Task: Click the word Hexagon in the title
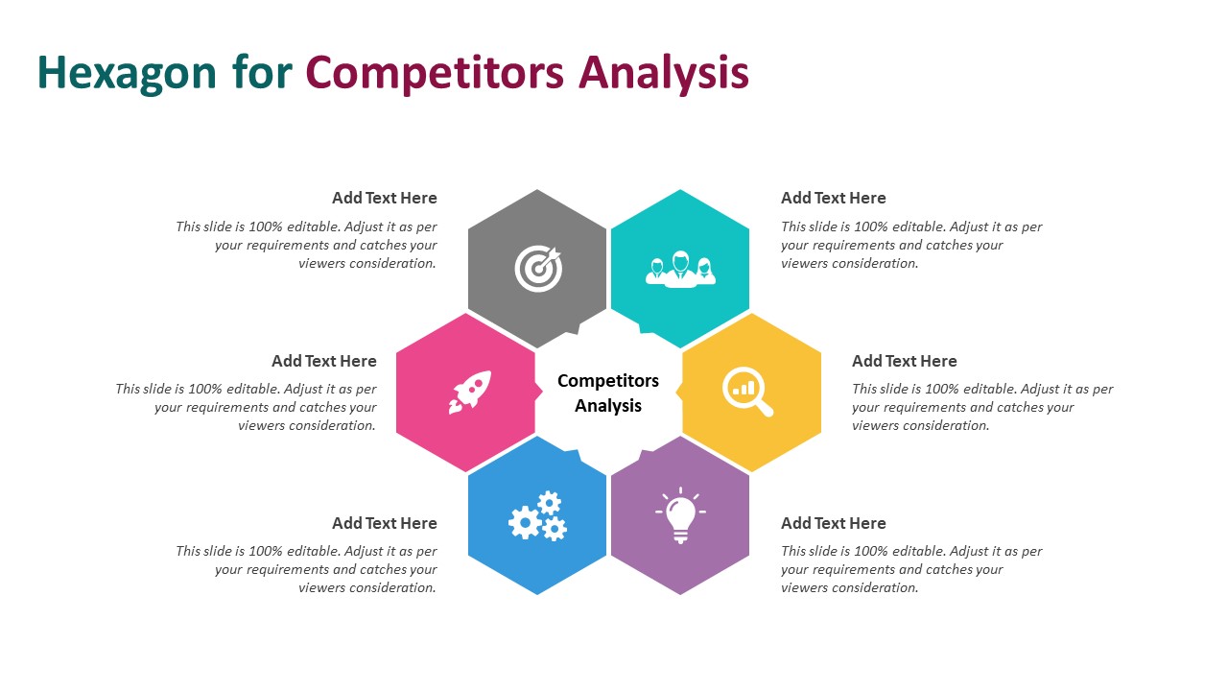click(127, 74)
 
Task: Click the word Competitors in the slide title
click(435, 74)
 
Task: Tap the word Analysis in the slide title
click(664, 74)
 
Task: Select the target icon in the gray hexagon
click(539, 268)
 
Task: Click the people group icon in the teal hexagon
click(680, 269)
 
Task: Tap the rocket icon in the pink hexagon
click(470, 393)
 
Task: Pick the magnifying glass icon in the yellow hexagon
click(747, 392)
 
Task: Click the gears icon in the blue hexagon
click(537, 515)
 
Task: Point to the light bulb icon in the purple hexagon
click(680, 515)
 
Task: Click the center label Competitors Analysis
click(608, 393)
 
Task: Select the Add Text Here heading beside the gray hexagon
click(385, 198)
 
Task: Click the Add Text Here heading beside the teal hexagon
click(834, 198)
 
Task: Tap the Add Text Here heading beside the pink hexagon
click(324, 361)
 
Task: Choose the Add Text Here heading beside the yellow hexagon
click(904, 361)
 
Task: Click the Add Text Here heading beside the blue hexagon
click(385, 523)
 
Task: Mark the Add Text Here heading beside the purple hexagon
click(834, 523)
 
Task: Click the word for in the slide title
click(262, 72)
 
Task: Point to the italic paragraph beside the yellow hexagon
click(982, 407)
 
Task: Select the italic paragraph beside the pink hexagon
click(246, 407)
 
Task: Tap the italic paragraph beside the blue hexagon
click(306, 569)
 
